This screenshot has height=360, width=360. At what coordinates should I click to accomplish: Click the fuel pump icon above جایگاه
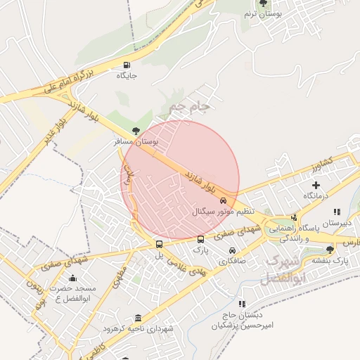[x=127, y=63]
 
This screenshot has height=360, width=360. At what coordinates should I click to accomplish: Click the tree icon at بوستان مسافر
[x=136, y=131]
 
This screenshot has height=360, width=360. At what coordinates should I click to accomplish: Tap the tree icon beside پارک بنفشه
[x=330, y=249]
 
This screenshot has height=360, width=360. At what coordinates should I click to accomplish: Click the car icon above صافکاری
[x=232, y=251]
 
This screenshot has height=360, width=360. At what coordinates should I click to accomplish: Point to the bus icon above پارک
[x=201, y=240]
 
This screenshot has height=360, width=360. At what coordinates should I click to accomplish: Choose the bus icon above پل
[x=159, y=245]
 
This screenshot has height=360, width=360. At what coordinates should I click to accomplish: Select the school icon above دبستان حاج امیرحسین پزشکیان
[x=243, y=304]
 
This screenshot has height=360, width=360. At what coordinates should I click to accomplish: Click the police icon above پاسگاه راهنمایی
[x=294, y=217]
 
